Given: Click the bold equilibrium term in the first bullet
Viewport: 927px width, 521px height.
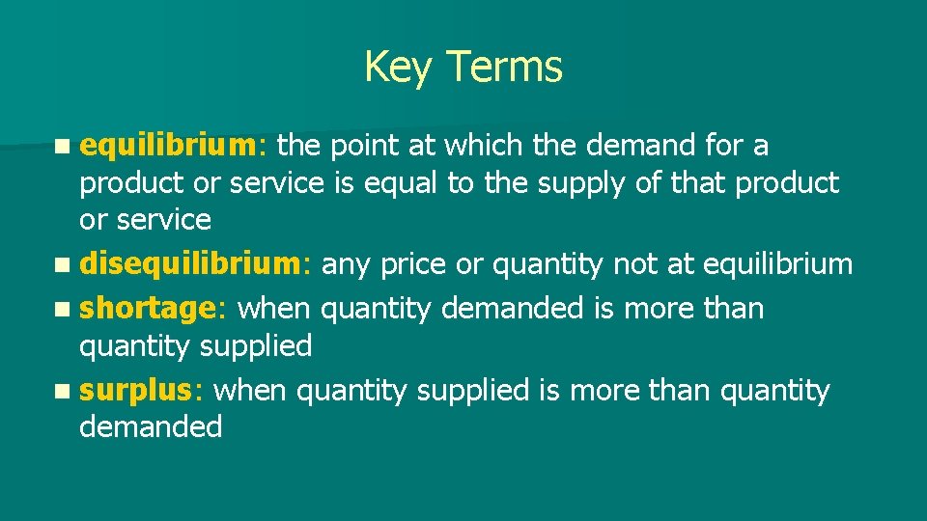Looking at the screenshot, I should click(x=167, y=146).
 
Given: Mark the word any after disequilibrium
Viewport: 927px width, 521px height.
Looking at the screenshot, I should click(x=343, y=264).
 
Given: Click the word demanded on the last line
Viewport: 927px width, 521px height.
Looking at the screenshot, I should click(x=151, y=426).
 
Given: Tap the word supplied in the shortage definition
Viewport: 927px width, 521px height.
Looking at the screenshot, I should click(x=256, y=345).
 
